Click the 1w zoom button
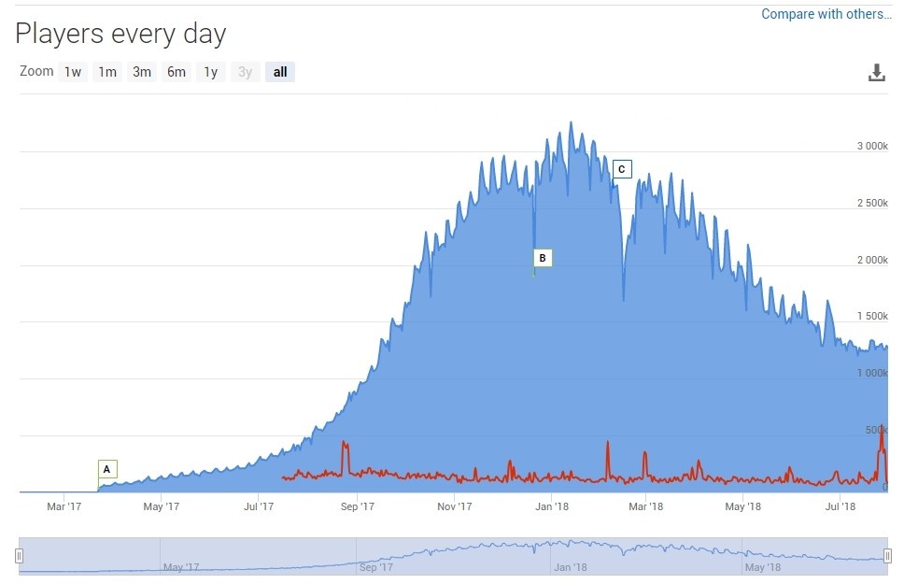pos(73,72)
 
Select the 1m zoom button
pos(107,72)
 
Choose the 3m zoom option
pos(142,72)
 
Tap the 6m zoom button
pos(177,72)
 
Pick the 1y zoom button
pos(211,72)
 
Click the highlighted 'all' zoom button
pos(280,72)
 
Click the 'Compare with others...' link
pos(826,14)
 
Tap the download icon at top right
pos(876,73)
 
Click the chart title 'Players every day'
pos(120,35)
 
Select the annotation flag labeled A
pos(106,469)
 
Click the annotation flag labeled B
pos(543,258)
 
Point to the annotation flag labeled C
pos(622,169)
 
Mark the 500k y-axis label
pos(877,430)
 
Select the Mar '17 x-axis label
pos(64,507)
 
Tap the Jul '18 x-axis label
pos(840,507)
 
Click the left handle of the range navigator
pos(19,557)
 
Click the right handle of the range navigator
pos(887,557)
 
